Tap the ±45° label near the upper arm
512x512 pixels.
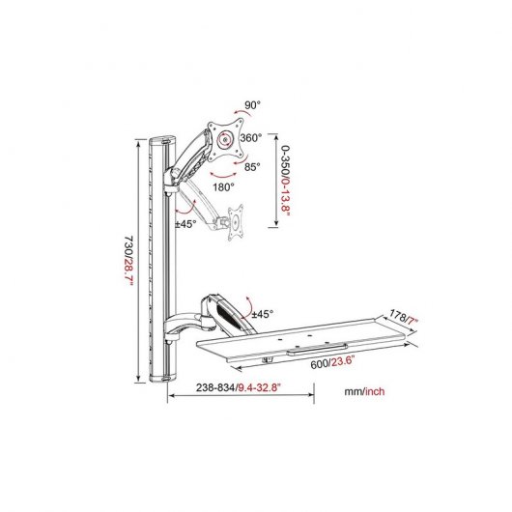click(186, 223)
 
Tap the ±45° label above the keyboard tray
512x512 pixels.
click(262, 314)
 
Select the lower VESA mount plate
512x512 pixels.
click(235, 219)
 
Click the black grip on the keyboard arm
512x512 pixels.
click(222, 314)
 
